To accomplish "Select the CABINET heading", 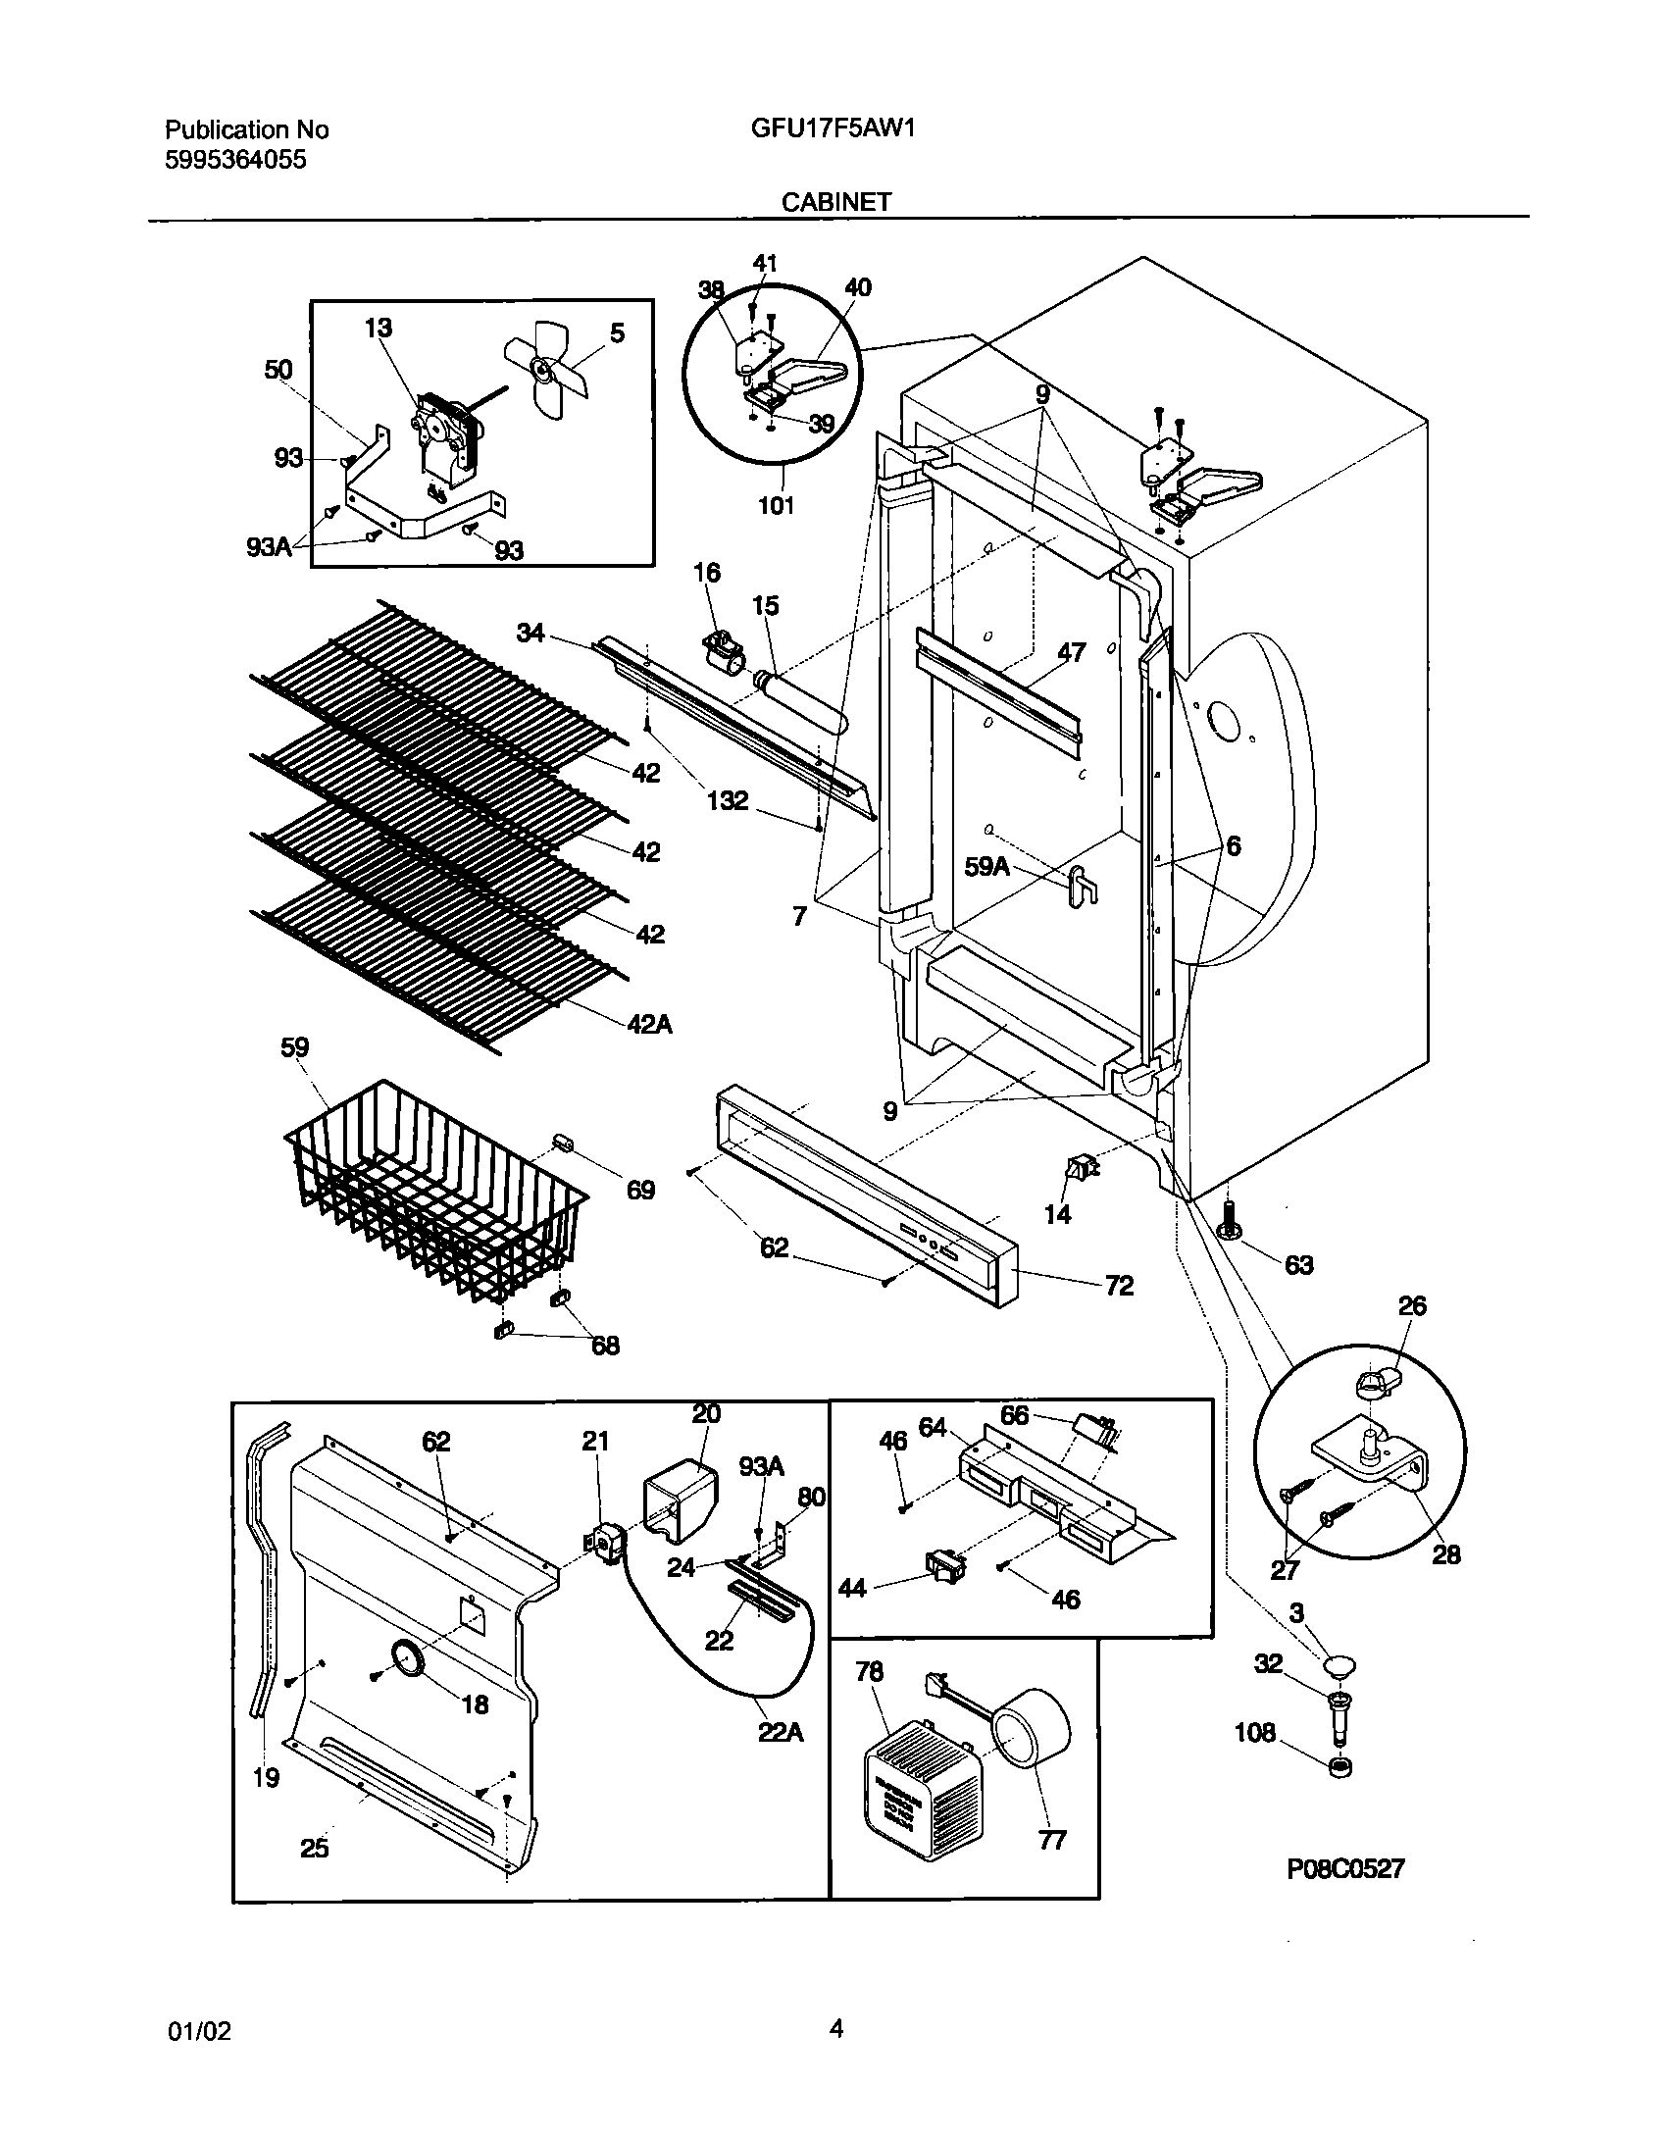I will coord(835,202).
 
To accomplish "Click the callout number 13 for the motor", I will coord(378,328).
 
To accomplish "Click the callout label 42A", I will coord(649,1024).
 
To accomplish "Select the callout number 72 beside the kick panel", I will coord(1119,1285).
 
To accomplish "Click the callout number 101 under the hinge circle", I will coord(776,506).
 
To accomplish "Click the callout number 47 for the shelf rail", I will coord(1071,652).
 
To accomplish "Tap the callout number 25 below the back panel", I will coord(314,1849).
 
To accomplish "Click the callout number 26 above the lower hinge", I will coord(1412,1306).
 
